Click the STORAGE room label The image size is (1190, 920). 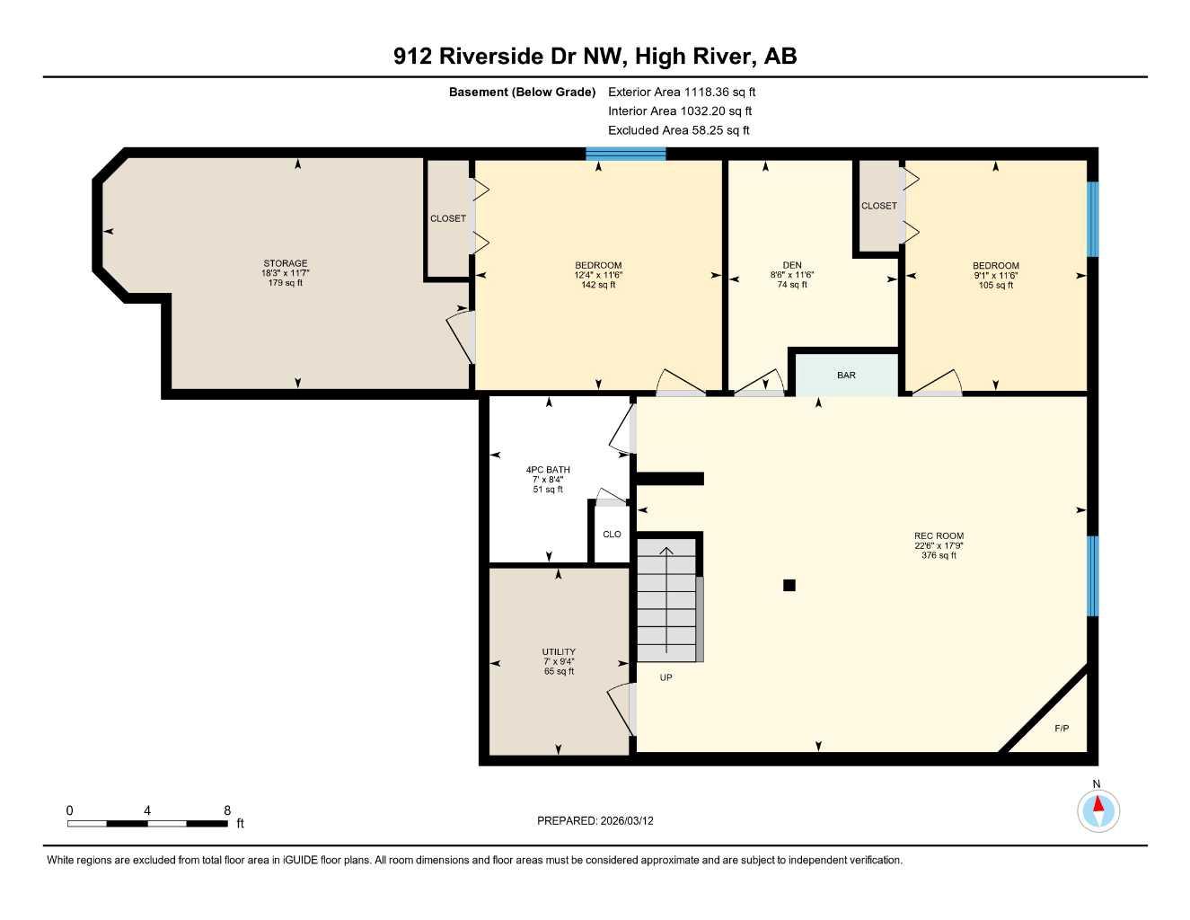click(x=285, y=263)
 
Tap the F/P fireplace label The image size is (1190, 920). click(x=1061, y=728)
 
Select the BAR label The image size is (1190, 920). click(x=846, y=376)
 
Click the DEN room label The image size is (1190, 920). click(x=791, y=265)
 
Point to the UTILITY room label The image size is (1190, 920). click(x=559, y=651)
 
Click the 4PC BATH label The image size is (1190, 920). click(x=548, y=470)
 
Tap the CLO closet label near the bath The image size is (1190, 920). click(x=612, y=535)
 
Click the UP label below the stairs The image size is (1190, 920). click(x=666, y=677)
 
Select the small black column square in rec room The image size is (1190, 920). click(x=789, y=586)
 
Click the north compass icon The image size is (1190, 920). click(x=1097, y=810)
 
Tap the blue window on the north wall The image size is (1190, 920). click(x=626, y=154)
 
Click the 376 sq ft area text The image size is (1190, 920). click(x=939, y=555)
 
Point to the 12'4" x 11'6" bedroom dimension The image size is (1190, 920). click(x=598, y=275)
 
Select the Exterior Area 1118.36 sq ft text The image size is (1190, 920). click(x=682, y=92)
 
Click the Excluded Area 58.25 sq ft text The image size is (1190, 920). click(x=678, y=130)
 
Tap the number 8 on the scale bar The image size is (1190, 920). click(x=227, y=810)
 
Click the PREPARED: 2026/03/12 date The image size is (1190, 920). click(x=595, y=820)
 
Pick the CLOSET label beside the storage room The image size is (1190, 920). click(x=448, y=218)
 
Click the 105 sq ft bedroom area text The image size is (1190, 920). click(x=995, y=285)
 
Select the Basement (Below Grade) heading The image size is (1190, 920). click(x=522, y=92)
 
